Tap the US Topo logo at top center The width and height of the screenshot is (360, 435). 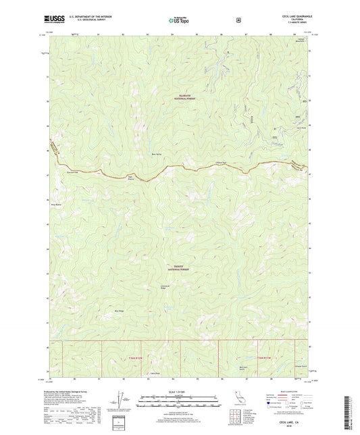click(180, 21)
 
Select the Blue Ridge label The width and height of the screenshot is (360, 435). click(120, 311)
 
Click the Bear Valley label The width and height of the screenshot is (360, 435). click(157, 153)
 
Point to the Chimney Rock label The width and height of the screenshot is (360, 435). click(201, 162)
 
